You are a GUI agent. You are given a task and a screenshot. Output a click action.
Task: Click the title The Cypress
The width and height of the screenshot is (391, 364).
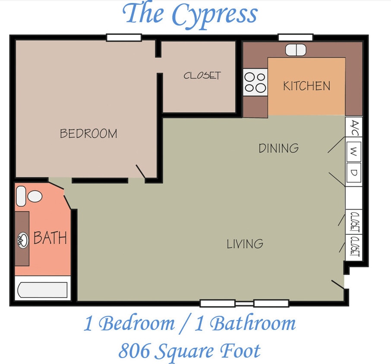[190, 15]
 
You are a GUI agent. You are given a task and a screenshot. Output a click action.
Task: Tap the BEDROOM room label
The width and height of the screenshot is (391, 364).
[88, 134]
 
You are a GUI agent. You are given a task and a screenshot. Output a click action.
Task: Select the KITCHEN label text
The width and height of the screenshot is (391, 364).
[306, 86]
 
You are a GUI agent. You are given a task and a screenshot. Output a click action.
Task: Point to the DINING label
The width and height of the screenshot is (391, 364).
[278, 148]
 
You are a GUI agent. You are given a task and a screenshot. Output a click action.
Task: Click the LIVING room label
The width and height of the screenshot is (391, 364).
[245, 244]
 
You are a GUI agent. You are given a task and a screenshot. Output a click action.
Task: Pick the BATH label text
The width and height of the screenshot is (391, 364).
[50, 238]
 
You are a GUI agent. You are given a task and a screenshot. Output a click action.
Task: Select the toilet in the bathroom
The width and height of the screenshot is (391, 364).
[29, 197]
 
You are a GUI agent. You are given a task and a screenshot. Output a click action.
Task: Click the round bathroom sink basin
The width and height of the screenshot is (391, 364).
[22, 239]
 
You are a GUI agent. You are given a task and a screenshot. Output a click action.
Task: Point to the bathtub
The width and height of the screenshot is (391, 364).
[42, 291]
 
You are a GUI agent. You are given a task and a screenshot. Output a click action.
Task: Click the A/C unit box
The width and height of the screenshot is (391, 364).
[354, 127]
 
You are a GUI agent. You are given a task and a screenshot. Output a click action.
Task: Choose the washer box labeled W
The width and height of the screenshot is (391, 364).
[354, 151]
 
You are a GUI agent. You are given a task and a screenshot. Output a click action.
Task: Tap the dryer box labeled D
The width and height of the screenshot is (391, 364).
[354, 173]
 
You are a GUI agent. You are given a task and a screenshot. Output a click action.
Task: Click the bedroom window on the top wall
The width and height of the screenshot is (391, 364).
[124, 38]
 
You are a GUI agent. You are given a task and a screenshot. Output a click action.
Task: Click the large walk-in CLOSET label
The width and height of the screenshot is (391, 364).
[202, 75]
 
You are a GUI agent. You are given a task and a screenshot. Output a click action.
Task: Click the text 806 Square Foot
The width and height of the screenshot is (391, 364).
[189, 351]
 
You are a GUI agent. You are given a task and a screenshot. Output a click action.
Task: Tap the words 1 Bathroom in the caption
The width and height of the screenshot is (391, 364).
[246, 323]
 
